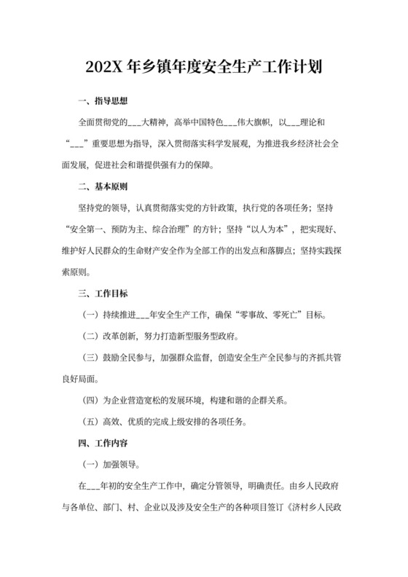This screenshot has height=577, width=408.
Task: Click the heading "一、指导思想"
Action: click(103, 100)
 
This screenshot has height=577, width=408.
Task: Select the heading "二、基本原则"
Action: click(103, 186)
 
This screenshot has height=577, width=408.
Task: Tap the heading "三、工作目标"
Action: click(103, 294)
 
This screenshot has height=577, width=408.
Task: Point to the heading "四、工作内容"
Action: click(103, 442)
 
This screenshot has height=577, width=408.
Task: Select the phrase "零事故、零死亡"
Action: click(284, 315)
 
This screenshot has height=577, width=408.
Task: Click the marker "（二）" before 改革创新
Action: click(91, 337)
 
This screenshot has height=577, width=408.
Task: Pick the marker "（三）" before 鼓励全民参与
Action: click(91, 358)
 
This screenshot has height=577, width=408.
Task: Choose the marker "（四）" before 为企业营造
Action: click(91, 400)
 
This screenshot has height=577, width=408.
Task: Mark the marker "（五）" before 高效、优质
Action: click(91, 421)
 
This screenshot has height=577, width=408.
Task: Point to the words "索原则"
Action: click(76, 272)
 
